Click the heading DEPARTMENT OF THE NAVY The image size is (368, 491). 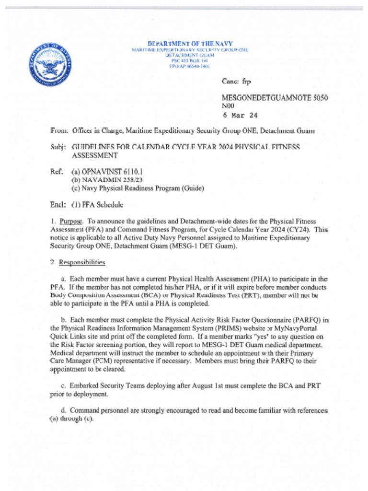pyautogui.click(x=190, y=44)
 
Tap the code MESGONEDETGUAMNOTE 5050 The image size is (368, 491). pyautogui.click(x=275, y=98)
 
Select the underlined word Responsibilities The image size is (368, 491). pyautogui.click(x=82, y=262)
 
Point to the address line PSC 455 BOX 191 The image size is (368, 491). pyautogui.click(x=190, y=61)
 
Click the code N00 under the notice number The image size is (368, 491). pyautogui.click(x=228, y=106)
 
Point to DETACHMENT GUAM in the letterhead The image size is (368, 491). pyautogui.click(x=190, y=55)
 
